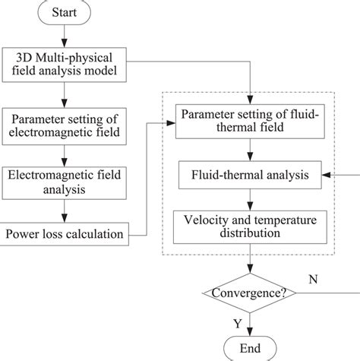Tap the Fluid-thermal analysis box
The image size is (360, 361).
[x=250, y=176]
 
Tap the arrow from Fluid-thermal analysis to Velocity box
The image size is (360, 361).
[x=250, y=200]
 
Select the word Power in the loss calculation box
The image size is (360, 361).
[x=25, y=233]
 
